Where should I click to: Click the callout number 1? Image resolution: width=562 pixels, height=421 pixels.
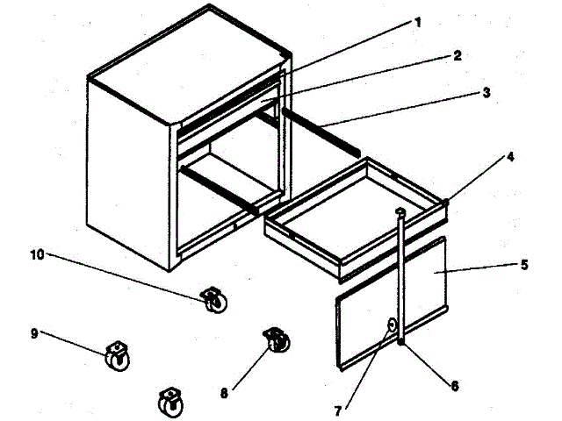point(418,22)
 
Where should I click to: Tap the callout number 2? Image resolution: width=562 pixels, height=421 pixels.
point(457,55)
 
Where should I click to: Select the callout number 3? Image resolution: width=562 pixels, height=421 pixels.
point(486,91)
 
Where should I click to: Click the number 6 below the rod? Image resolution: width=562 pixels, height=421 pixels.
point(453,384)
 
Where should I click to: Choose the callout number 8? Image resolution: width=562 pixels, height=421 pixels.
point(224,394)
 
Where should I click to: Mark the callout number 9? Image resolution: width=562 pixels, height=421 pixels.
point(34,333)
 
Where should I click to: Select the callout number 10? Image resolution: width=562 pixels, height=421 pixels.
point(37,255)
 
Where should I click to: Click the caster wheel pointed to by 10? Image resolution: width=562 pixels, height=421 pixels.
point(212,301)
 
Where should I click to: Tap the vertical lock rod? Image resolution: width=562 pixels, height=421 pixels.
point(401,272)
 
